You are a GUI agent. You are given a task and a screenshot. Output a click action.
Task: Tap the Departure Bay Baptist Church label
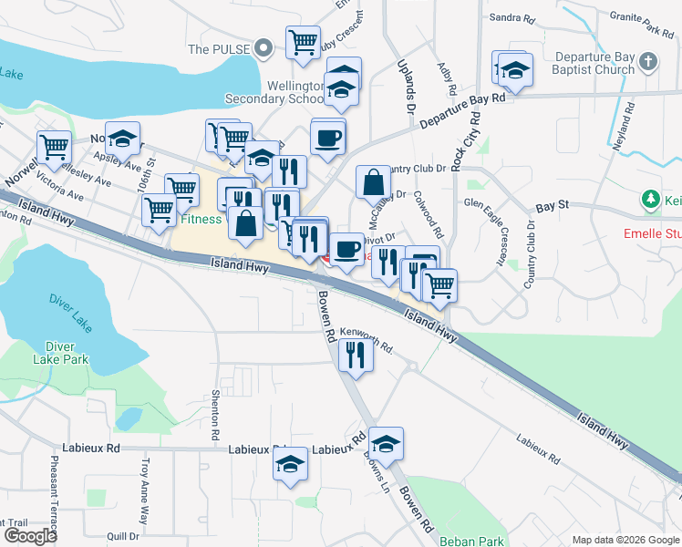(595, 63)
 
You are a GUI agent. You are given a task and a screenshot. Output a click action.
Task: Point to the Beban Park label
(470, 541)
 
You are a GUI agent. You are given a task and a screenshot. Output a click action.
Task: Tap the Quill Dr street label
(121, 536)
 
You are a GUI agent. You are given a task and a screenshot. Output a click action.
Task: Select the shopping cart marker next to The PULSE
(303, 42)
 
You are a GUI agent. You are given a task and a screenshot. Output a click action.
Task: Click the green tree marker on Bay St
(650, 198)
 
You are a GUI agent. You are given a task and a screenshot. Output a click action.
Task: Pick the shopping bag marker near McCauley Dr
(373, 181)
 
